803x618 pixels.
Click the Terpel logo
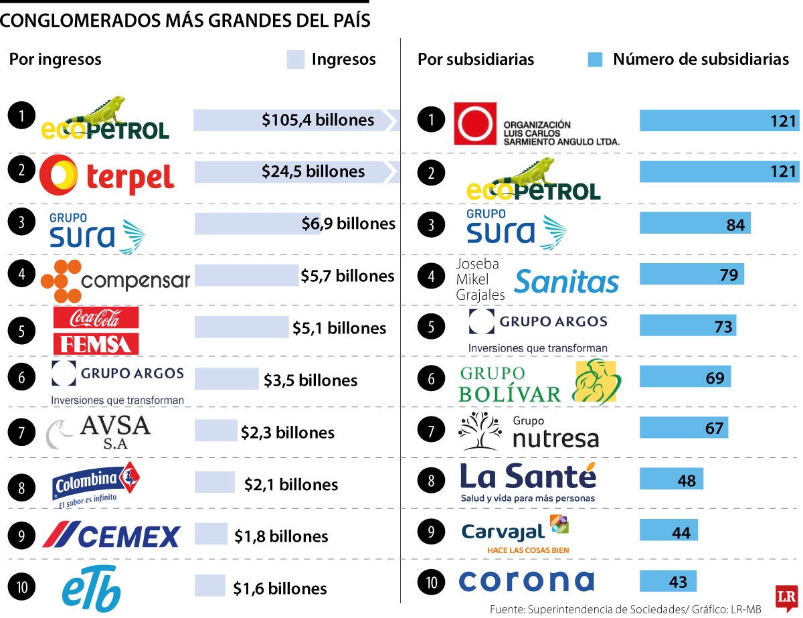pyautogui.click(x=107, y=174)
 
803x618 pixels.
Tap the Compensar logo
pyautogui.click(x=115, y=281)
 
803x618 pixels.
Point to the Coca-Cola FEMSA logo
pyautogui.click(x=96, y=331)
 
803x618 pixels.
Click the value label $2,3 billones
pyautogui.click(x=288, y=433)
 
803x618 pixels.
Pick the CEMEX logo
pyautogui.click(x=111, y=535)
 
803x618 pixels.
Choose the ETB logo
pyautogui.click(x=92, y=588)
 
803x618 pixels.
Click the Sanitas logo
pyautogui.click(x=567, y=281)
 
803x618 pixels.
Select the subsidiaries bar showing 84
pyautogui.click(x=695, y=224)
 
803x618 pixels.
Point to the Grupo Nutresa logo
pyautogui.click(x=528, y=432)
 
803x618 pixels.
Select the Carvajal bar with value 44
pyautogui.click(x=668, y=530)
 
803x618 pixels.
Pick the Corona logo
pyautogui.click(x=526, y=581)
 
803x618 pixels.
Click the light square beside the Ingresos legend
pyautogui.click(x=296, y=60)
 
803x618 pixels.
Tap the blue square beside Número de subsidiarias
pyautogui.click(x=595, y=60)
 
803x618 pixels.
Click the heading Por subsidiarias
pyautogui.click(x=476, y=60)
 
